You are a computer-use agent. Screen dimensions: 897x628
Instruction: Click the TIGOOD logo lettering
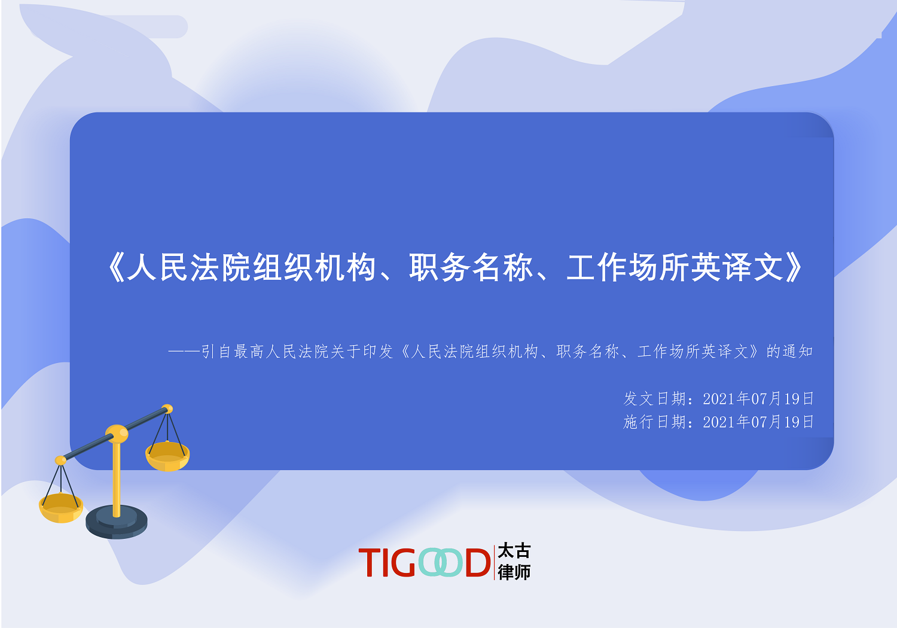coord(425,562)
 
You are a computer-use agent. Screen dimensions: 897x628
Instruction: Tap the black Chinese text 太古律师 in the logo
coord(514,562)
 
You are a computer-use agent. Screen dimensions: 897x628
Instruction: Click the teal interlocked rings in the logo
coord(440,562)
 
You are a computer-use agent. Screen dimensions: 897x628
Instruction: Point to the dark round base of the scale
coord(116,522)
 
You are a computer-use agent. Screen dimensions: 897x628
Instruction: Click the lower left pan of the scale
coord(61,508)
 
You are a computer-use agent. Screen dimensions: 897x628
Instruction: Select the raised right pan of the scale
coord(167,456)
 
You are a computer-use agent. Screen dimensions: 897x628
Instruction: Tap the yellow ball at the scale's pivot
coord(117,434)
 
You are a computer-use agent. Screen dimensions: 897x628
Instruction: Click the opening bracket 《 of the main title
coord(115,267)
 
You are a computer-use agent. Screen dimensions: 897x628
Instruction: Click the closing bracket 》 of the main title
coord(794,267)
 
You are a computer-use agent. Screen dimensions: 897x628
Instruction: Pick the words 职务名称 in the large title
coord(471,267)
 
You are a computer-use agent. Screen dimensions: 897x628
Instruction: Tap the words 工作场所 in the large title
coord(628,267)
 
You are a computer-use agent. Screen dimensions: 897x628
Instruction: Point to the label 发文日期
coord(655,398)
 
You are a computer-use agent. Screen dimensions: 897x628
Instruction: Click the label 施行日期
coord(655,422)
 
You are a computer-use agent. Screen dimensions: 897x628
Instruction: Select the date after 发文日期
coord(758,398)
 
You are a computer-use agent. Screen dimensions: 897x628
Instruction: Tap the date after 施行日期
coord(758,422)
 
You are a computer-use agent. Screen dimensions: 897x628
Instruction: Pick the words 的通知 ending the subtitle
coord(789,351)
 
